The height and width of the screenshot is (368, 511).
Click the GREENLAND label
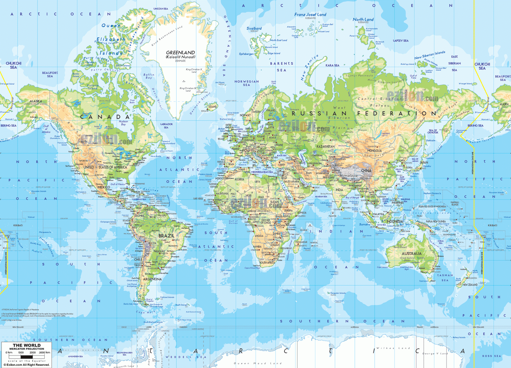(x=180, y=53)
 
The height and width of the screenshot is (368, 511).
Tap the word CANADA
(x=105, y=117)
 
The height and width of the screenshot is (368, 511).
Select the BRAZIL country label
(x=166, y=236)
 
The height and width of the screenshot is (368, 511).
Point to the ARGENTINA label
(x=152, y=279)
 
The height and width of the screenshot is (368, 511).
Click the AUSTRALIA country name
(x=411, y=253)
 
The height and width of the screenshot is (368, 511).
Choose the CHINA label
(x=366, y=171)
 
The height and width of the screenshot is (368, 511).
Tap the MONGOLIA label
(x=374, y=151)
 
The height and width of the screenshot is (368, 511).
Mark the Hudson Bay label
(x=123, y=123)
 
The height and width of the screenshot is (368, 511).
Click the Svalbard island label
(x=254, y=28)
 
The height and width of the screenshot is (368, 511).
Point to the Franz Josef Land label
(x=310, y=15)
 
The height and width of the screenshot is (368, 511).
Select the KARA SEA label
(x=332, y=66)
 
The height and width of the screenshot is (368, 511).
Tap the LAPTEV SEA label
(x=401, y=41)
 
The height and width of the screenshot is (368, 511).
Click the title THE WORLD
(x=27, y=345)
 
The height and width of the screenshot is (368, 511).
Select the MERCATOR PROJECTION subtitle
(x=27, y=349)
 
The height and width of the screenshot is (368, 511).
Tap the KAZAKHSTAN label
(x=325, y=146)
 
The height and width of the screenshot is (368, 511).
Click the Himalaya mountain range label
(x=348, y=176)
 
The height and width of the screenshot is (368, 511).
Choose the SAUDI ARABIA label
(x=292, y=181)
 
